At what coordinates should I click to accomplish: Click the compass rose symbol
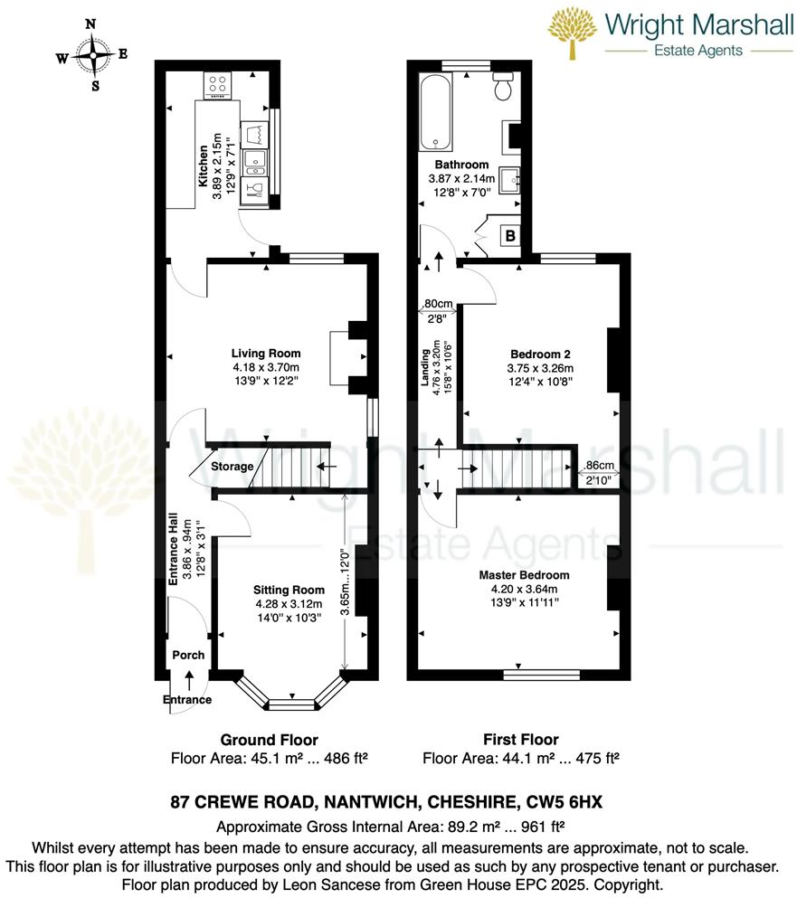coord(92,55)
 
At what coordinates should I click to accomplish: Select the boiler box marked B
coord(509,236)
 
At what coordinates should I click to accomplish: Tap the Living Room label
coord(265,354)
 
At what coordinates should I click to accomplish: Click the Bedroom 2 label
coord(540,354)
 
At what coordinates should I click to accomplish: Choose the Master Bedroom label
coord(525,575)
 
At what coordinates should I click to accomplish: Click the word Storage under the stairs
coord(232,468)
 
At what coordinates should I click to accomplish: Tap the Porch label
coord(188,656)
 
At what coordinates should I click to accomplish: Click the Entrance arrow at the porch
coord(188,678)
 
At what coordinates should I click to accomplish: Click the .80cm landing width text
coord(438,304)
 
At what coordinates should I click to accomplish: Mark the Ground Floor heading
coord(269,740)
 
